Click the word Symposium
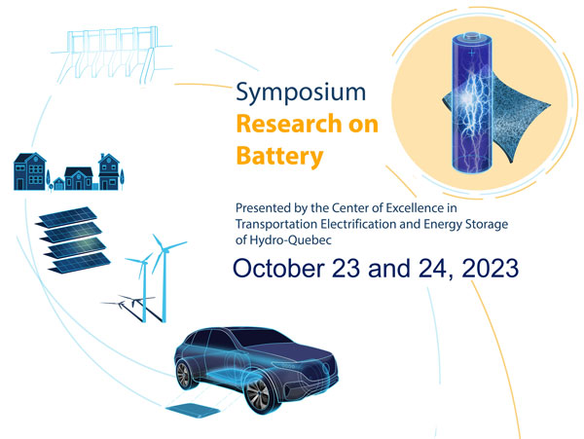(301, 92)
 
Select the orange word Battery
(279, 157)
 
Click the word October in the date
(278, 268)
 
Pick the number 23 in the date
(346, 268)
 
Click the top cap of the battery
(472, 37)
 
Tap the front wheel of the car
(257, 394)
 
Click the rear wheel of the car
(183, 374)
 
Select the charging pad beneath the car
(193, 411)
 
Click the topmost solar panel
(67, 216)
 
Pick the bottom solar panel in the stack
(80, 263)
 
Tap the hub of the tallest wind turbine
(164, 250)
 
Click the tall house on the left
(30, 171)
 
